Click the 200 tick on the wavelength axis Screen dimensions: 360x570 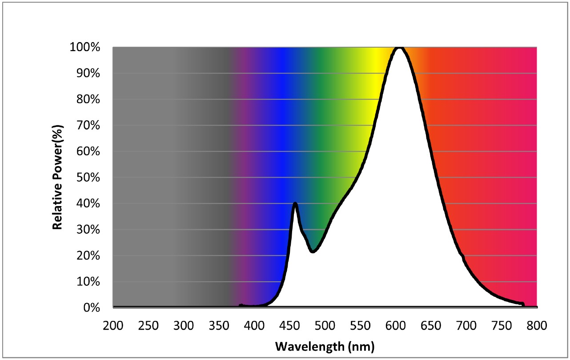pos(113,326)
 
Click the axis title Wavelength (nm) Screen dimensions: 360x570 pos(325,346)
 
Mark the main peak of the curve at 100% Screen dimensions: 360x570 pos(399,48)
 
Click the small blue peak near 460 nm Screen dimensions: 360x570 pos(295,203)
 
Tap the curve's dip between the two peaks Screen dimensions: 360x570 pos(313,251)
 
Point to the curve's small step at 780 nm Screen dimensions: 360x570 pos(523,304)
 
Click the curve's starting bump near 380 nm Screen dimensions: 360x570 pos(241,305)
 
